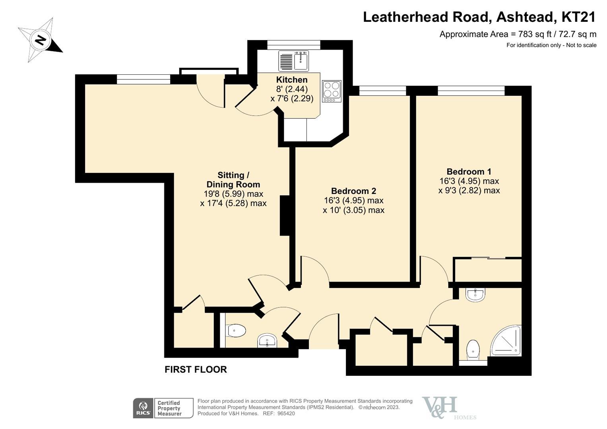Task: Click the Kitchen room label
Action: [x=292, y=79]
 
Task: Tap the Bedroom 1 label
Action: [x=469, y=172]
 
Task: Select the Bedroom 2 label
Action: [x=354, y=191]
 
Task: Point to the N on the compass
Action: [x=41, y=40]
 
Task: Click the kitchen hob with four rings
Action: [x=332, y=91]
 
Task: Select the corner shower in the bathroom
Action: [x=506, y=341]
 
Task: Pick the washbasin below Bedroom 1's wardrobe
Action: [x=475, y=295]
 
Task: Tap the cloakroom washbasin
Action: [x=267, y=340]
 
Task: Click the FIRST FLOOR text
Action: [x=196, y=369]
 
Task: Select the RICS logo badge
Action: [x=143, y=408]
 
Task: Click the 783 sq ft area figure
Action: [x=533, y=34]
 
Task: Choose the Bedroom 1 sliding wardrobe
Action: [x=488, y=270]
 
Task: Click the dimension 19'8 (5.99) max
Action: [x=233, y=194]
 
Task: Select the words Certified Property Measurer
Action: [x=169, y=408]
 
